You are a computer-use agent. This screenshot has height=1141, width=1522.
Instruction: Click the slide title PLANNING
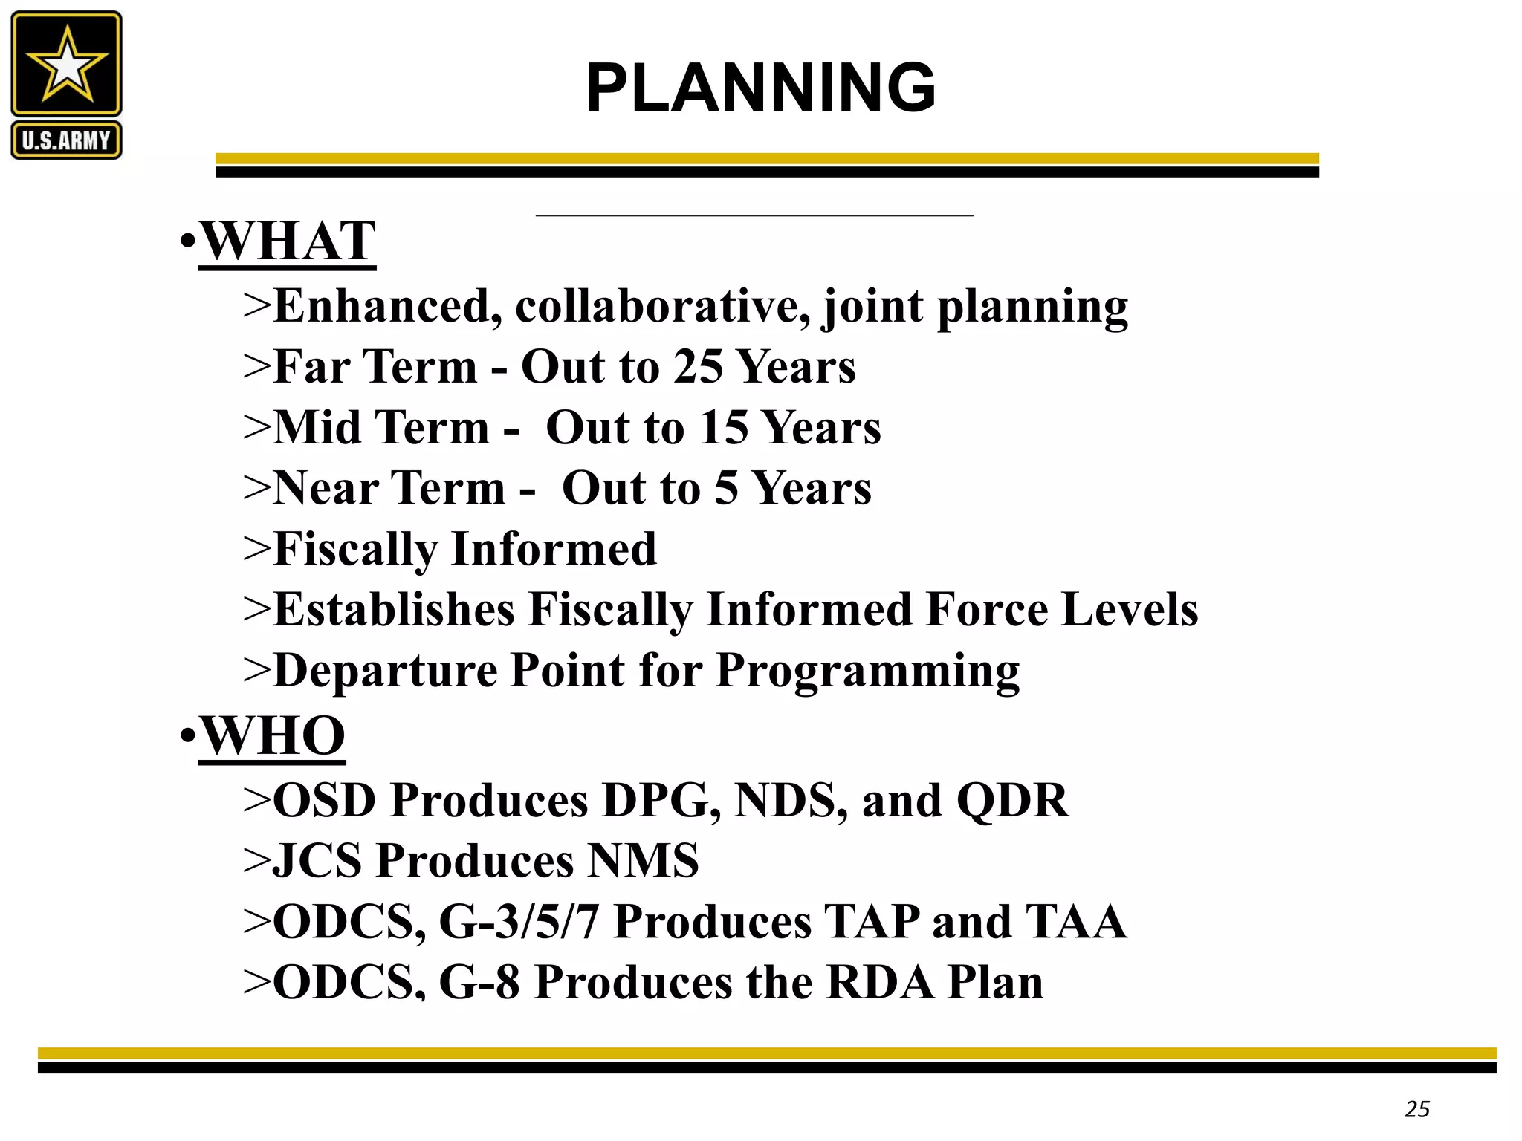click(x=760, y=88)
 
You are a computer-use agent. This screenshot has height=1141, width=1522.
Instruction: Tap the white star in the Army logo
click(x=67, y=65)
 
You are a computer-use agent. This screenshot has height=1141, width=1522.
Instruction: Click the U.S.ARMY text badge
click(x=66, y=140)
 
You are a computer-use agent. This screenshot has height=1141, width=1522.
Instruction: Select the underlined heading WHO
click(x=273, y=735)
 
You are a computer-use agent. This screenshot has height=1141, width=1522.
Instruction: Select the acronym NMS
click(x=643, y=861)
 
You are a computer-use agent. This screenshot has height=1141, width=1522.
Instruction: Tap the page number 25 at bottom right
click(x=1417, y=1109)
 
